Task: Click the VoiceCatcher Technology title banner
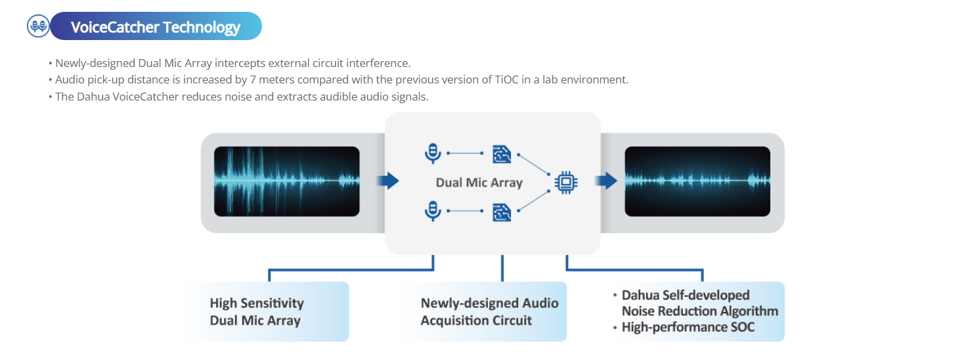click(156, 27)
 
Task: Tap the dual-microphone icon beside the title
click(38, 26)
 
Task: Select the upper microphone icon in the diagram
click(432, 154)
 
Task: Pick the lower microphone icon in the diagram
click(432, 210)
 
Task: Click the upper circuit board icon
click(502, 154)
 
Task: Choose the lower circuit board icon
click(502, 211)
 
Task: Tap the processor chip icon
click(566, 182)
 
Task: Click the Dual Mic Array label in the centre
click(479, 183)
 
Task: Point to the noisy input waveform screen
click(286, 181)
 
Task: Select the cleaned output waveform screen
click(697, 181)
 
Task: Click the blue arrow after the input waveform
click(390, 181)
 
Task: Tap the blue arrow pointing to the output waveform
click(607, 181)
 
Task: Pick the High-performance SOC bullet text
click(688, 326)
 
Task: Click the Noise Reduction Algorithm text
click(699, 311)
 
